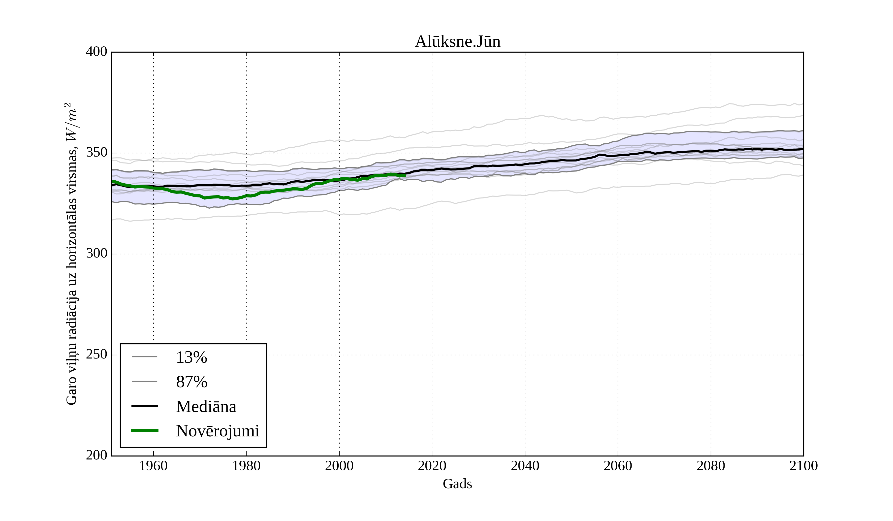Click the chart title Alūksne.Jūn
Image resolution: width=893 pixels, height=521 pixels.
[x=457, y=42]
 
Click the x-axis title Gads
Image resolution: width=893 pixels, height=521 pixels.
[x=457, y=484]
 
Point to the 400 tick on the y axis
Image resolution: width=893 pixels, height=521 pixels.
[x=96, y=52]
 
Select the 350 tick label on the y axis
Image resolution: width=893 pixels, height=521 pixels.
[x=96, y=153]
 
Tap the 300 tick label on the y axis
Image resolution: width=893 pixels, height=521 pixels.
[x=96, y=254]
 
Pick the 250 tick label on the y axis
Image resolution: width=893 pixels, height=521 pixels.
[x=96, y=355]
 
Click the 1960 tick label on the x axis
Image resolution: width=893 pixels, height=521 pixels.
[x=154, y=466]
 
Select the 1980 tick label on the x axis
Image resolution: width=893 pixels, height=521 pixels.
[x=246, y=466]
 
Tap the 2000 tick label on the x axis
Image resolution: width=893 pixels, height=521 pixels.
[x=339, y=466]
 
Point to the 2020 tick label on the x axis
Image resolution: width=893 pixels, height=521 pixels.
[x=432, y=466]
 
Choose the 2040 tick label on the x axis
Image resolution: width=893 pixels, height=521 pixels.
[x=525, y=466]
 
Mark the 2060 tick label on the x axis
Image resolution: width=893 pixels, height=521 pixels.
[x=618, y=466]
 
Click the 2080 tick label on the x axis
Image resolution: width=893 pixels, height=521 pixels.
[x=710, y=466]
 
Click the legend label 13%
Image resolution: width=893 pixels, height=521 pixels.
[x=191, y=357]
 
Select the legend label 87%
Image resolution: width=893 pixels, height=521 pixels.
[x=191, y=382]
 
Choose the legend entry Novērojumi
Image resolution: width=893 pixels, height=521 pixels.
[x=218, y=431]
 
